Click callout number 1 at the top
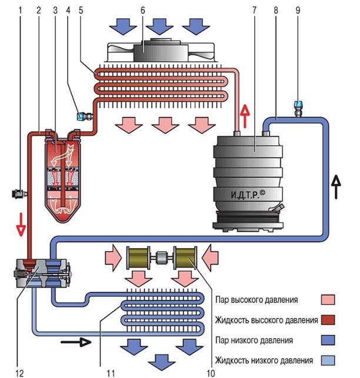tap(20, 10)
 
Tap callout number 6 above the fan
tap(143, 10)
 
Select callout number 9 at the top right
tap(298, 10)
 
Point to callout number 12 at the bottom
tap(20, 373)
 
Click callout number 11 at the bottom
tap(111, 373)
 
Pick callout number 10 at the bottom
tap(211, 373)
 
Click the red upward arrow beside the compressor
tap(245, 116)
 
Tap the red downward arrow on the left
tap(21, 225)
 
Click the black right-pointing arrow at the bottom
tap(76, 342)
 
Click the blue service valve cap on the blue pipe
tap(298, 105)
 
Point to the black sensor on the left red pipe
tap(18, 193)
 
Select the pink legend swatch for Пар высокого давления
tap(328, 300)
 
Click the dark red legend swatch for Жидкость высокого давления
tap(328, 320)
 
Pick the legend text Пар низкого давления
tap(254, 340)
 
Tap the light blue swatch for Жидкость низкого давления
tap(328, 360)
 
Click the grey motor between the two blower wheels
tap(161, 257)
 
